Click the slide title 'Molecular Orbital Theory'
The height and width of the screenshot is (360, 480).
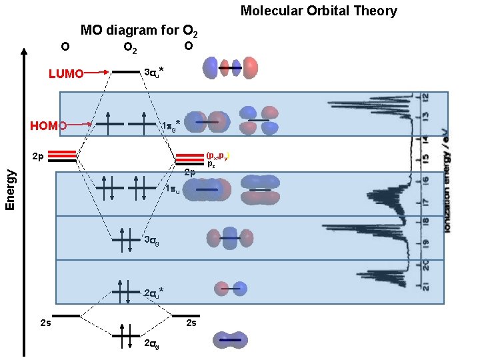click(319, 11)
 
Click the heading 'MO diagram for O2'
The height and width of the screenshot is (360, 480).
click(138, 30)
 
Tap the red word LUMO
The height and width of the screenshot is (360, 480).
click(66, 73)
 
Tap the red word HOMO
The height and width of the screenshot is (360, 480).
click(48, 125)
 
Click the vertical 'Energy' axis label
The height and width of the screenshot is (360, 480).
click(11, 190)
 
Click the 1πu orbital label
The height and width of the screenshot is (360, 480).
click(172, 189)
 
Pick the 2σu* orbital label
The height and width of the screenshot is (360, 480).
click(154, 292)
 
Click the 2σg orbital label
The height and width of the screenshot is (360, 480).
click(151, 343)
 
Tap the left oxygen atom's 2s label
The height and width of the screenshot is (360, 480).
click(45, 324)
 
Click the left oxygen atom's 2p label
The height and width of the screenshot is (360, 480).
click(39, 158)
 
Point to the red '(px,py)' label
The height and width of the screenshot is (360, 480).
click(218, 155)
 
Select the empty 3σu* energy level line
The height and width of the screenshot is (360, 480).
click(125, 71)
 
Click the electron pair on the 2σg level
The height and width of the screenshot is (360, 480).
click(125, 336)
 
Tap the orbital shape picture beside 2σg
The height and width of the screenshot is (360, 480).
click(230, 340)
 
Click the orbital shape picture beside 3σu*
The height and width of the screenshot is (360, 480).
click(230, 67)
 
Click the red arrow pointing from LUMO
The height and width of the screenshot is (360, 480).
click(97, 71)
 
